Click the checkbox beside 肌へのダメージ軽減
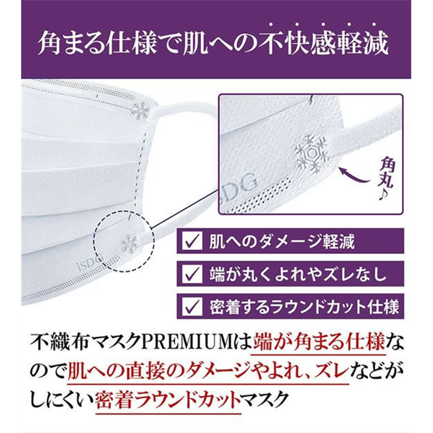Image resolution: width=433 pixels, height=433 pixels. click(191, 241)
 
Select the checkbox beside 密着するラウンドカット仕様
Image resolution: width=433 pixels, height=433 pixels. click(191, 307)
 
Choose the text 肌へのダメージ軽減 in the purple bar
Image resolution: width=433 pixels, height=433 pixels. click(281, 241)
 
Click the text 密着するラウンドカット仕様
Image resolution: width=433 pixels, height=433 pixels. click(303, 307)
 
